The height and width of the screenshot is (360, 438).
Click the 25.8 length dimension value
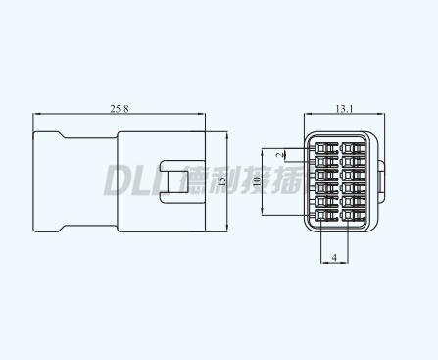pos(120,108)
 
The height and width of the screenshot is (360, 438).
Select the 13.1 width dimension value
pos(345,108)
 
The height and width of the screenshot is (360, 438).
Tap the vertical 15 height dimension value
pos(221,181)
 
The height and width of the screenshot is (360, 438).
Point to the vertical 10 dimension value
pos(257,181)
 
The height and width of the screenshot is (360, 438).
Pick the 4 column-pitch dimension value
pos(334,258)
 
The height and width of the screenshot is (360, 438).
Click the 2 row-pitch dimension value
pos(279,155)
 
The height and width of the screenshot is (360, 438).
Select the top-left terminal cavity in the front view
pos(321,149)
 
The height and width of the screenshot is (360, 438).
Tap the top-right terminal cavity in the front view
pos(348,149)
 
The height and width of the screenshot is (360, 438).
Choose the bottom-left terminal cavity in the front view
pos(321,215)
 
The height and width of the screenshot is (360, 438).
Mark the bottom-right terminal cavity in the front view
pos(348,215)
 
